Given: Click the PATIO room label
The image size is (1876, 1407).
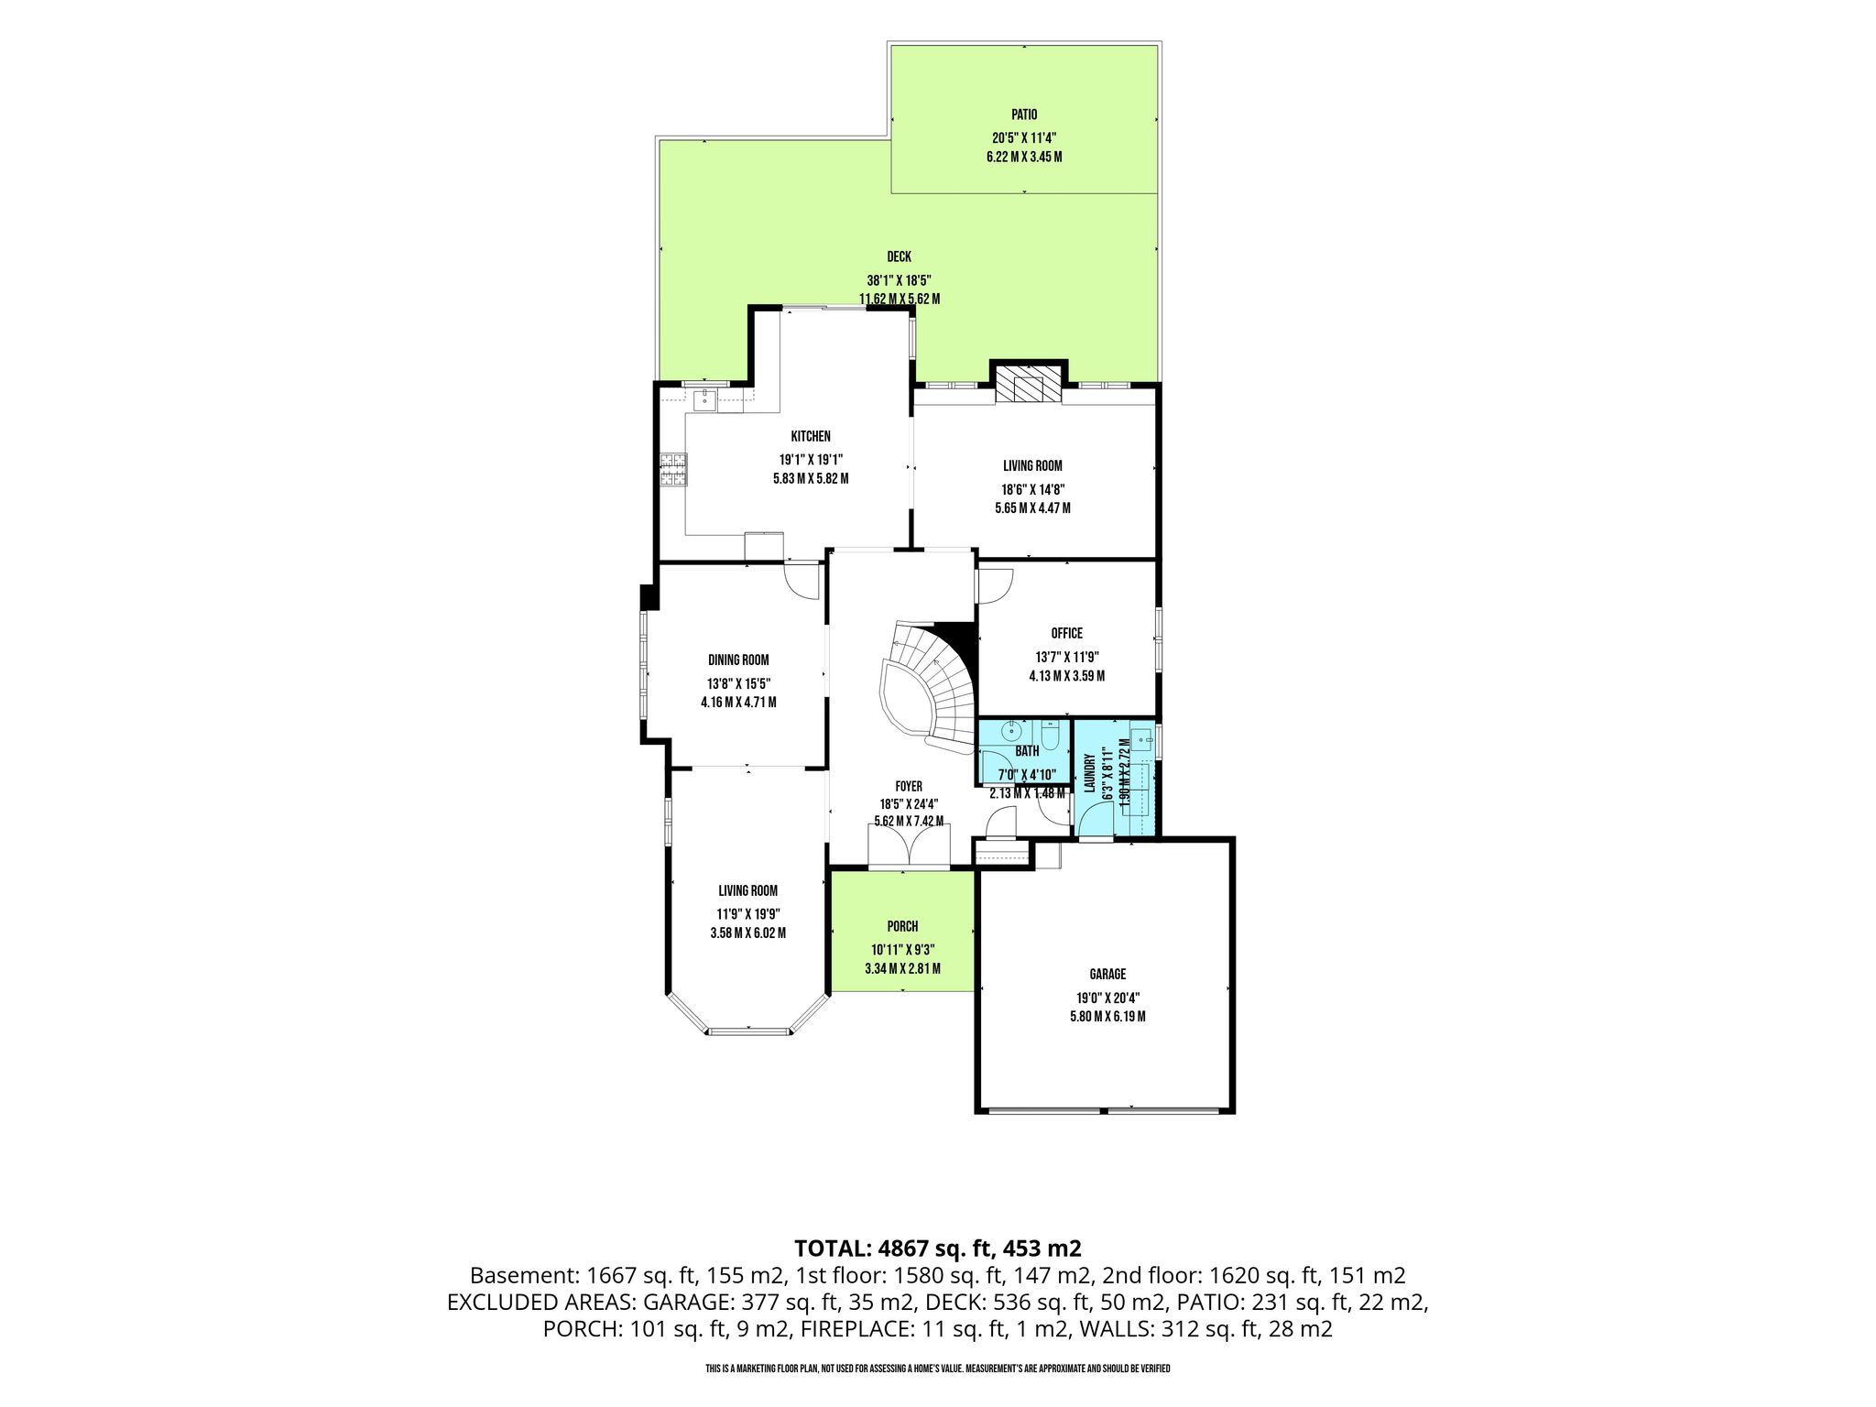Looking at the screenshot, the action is click(x=1024, y=115).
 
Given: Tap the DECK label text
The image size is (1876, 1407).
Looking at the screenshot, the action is click(x=899, y=257).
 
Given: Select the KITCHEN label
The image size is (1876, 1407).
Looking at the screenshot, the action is click(x=811, y=436).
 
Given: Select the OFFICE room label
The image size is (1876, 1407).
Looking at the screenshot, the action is click(x=1066, y=633).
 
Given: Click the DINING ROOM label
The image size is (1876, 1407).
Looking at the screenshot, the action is click(x=738, y=660).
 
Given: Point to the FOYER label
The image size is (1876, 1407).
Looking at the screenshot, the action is click(x=908, y=786).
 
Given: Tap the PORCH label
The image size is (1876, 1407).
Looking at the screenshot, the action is click(x=902, y=926).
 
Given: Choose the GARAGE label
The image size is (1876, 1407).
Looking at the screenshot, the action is click(x=1107, y=974).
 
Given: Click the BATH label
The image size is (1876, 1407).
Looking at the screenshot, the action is click(x=1027, y=751).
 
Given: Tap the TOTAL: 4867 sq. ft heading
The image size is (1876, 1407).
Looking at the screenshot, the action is click(x=938, y=1248).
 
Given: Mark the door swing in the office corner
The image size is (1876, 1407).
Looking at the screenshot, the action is click(x=995, y=586).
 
